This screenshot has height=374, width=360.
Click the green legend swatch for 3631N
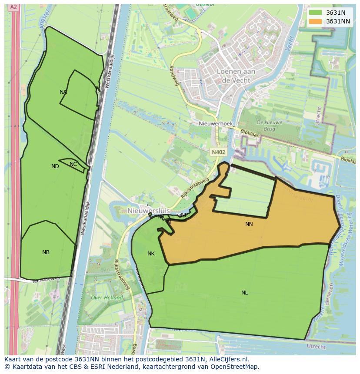315,13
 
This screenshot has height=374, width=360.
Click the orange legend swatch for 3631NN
315,21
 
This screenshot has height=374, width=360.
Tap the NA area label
63,92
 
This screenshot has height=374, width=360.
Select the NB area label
46,252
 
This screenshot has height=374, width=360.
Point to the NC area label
73,164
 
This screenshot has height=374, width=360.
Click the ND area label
55,166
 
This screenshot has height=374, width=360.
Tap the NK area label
151,254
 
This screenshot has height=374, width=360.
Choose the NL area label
244,293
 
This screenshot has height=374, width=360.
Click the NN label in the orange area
249,224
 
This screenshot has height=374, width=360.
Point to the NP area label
184,215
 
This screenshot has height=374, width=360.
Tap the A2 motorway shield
13,7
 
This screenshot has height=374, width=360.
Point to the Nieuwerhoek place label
216,124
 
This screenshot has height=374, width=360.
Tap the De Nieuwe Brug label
270,126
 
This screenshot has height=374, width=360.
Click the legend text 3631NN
338,21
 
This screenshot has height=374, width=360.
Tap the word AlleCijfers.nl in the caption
228,359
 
